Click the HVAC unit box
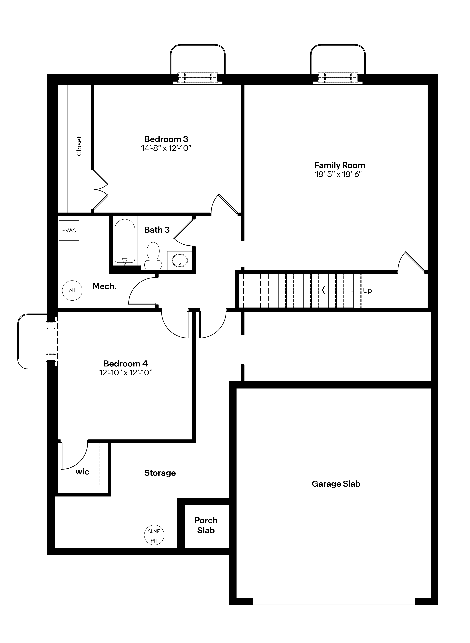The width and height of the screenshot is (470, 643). (x=69, y=230)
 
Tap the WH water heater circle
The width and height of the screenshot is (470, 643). (x=72, y=291)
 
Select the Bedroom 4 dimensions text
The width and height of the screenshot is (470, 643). (x=125, y=373)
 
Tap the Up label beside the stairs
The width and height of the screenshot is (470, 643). (x=367, y=291)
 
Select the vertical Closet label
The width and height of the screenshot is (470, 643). (x=79, y=146)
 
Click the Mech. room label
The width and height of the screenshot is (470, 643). (x=104, y=287)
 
